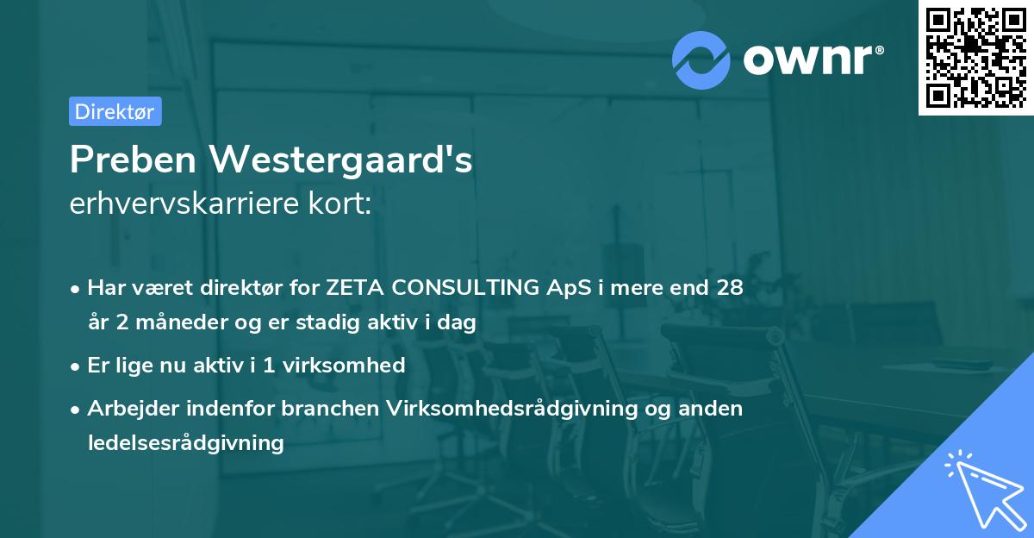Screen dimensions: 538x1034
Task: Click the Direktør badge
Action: [115, 111]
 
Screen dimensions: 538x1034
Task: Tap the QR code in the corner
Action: [975, 57]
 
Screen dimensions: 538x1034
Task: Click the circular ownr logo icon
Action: [701, 59]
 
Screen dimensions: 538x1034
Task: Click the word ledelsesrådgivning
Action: [185, 443]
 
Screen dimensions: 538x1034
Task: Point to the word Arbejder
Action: [126, 409]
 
